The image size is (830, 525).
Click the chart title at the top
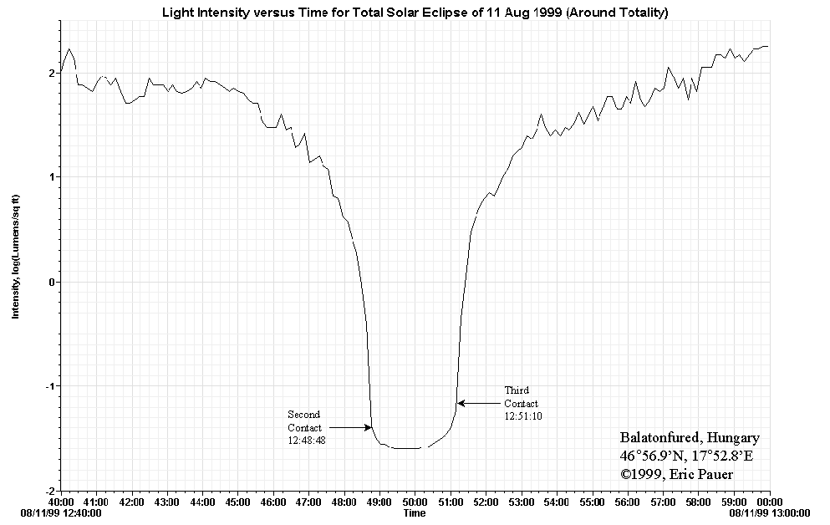(x=415, y=12)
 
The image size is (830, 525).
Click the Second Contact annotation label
(x=303, y=421)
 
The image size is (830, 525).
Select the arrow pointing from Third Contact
(x=479, y=403)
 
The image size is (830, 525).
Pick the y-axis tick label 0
(x=53, y=282)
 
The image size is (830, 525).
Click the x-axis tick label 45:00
(x=238, y=502)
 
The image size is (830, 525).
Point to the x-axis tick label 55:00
(x=592, y=502)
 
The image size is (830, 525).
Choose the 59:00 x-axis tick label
(x=734, y=502)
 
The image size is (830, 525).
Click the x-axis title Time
(x=415, y=512)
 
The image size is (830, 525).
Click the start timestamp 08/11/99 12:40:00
(x=64, y=513)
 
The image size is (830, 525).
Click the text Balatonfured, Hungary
(x=690, y=438)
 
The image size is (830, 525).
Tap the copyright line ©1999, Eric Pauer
(x=677, y=475)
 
